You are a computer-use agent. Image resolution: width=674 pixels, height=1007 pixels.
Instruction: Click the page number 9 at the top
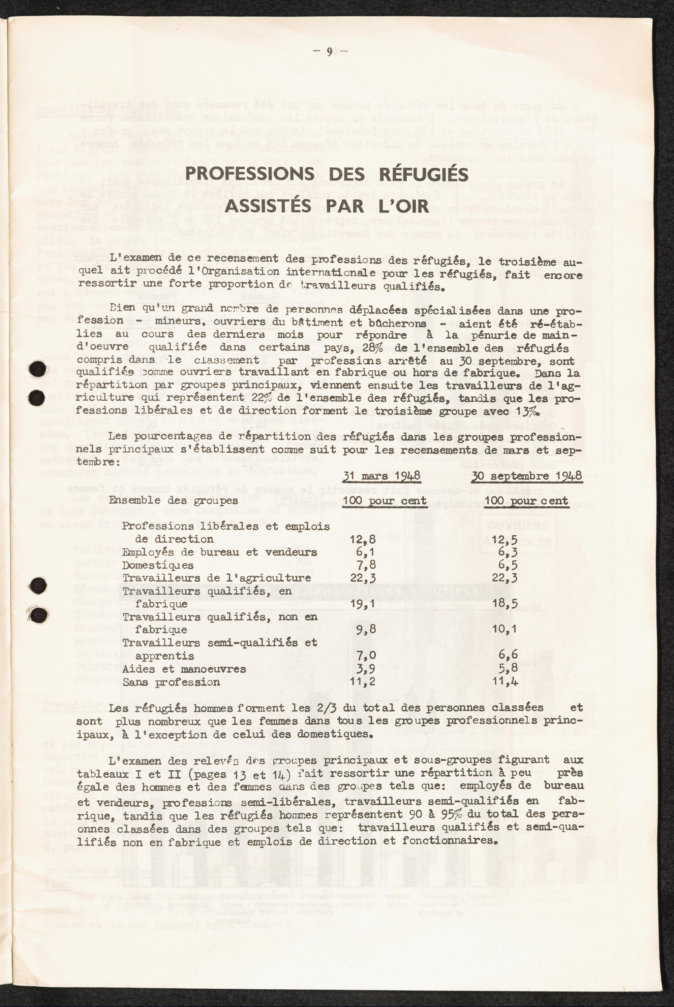329,52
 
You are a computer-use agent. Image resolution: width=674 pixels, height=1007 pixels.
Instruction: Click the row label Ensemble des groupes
173,501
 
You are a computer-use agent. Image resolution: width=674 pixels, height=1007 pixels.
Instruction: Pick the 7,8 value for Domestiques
362,565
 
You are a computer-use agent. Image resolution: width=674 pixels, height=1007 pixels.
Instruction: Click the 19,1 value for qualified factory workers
362,604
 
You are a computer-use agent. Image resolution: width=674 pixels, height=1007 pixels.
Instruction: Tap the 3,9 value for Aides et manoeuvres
362,669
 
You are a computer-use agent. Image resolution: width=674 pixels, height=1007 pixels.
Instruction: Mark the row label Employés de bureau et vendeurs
220,552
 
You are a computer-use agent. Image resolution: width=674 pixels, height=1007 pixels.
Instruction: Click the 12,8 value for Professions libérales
362,539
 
